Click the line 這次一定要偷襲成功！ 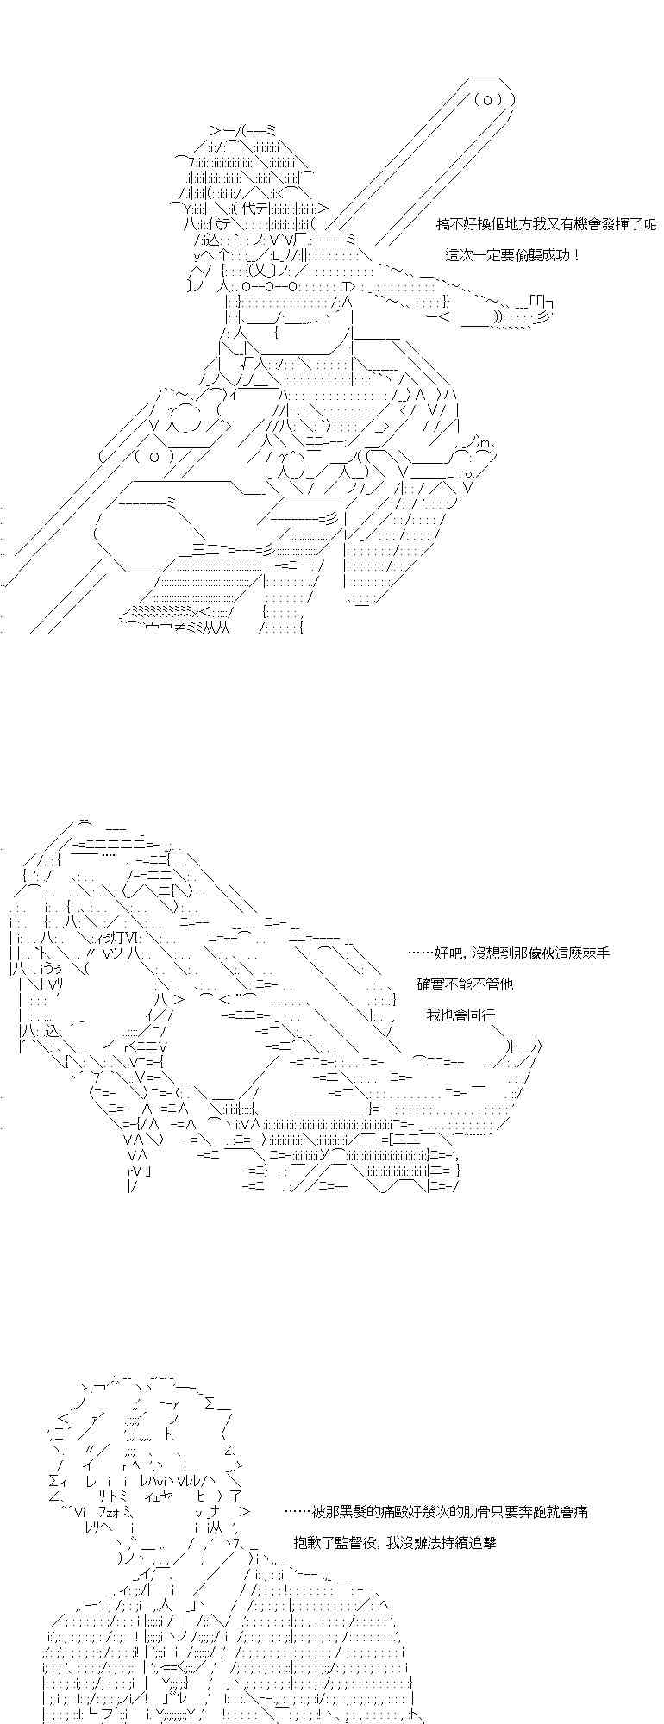(513, 255)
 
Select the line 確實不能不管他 (465, 984)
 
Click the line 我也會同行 (460, 1015)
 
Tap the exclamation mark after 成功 (575, 255)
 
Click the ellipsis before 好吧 (419, 953)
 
